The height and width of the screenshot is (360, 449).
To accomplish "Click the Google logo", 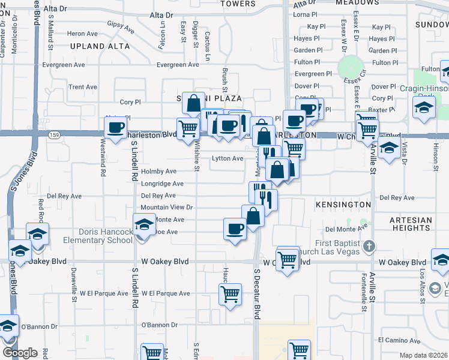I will (x=20, y=353).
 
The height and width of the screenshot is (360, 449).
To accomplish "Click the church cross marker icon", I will (x=370, y=246).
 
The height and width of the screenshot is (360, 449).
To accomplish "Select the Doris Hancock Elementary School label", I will (x=104, y=236).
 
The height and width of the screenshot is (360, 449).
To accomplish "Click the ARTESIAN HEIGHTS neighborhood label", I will (x=411, y=224).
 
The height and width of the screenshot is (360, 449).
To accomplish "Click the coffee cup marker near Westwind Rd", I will (x=116, y=127).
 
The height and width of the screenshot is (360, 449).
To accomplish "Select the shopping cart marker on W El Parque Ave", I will (x=230, y=295).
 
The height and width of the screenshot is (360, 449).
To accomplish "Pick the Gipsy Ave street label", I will (x=121, y=26).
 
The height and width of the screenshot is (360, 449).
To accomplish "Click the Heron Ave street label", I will (x=82, y=34).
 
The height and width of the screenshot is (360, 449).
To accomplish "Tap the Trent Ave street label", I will (x=82, y=87).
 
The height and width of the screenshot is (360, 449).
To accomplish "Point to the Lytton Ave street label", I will (x=228, y=158).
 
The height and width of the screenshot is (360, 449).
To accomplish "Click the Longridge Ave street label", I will (x=162, y=184).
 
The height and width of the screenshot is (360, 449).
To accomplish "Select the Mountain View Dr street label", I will (x=167, y=207).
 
